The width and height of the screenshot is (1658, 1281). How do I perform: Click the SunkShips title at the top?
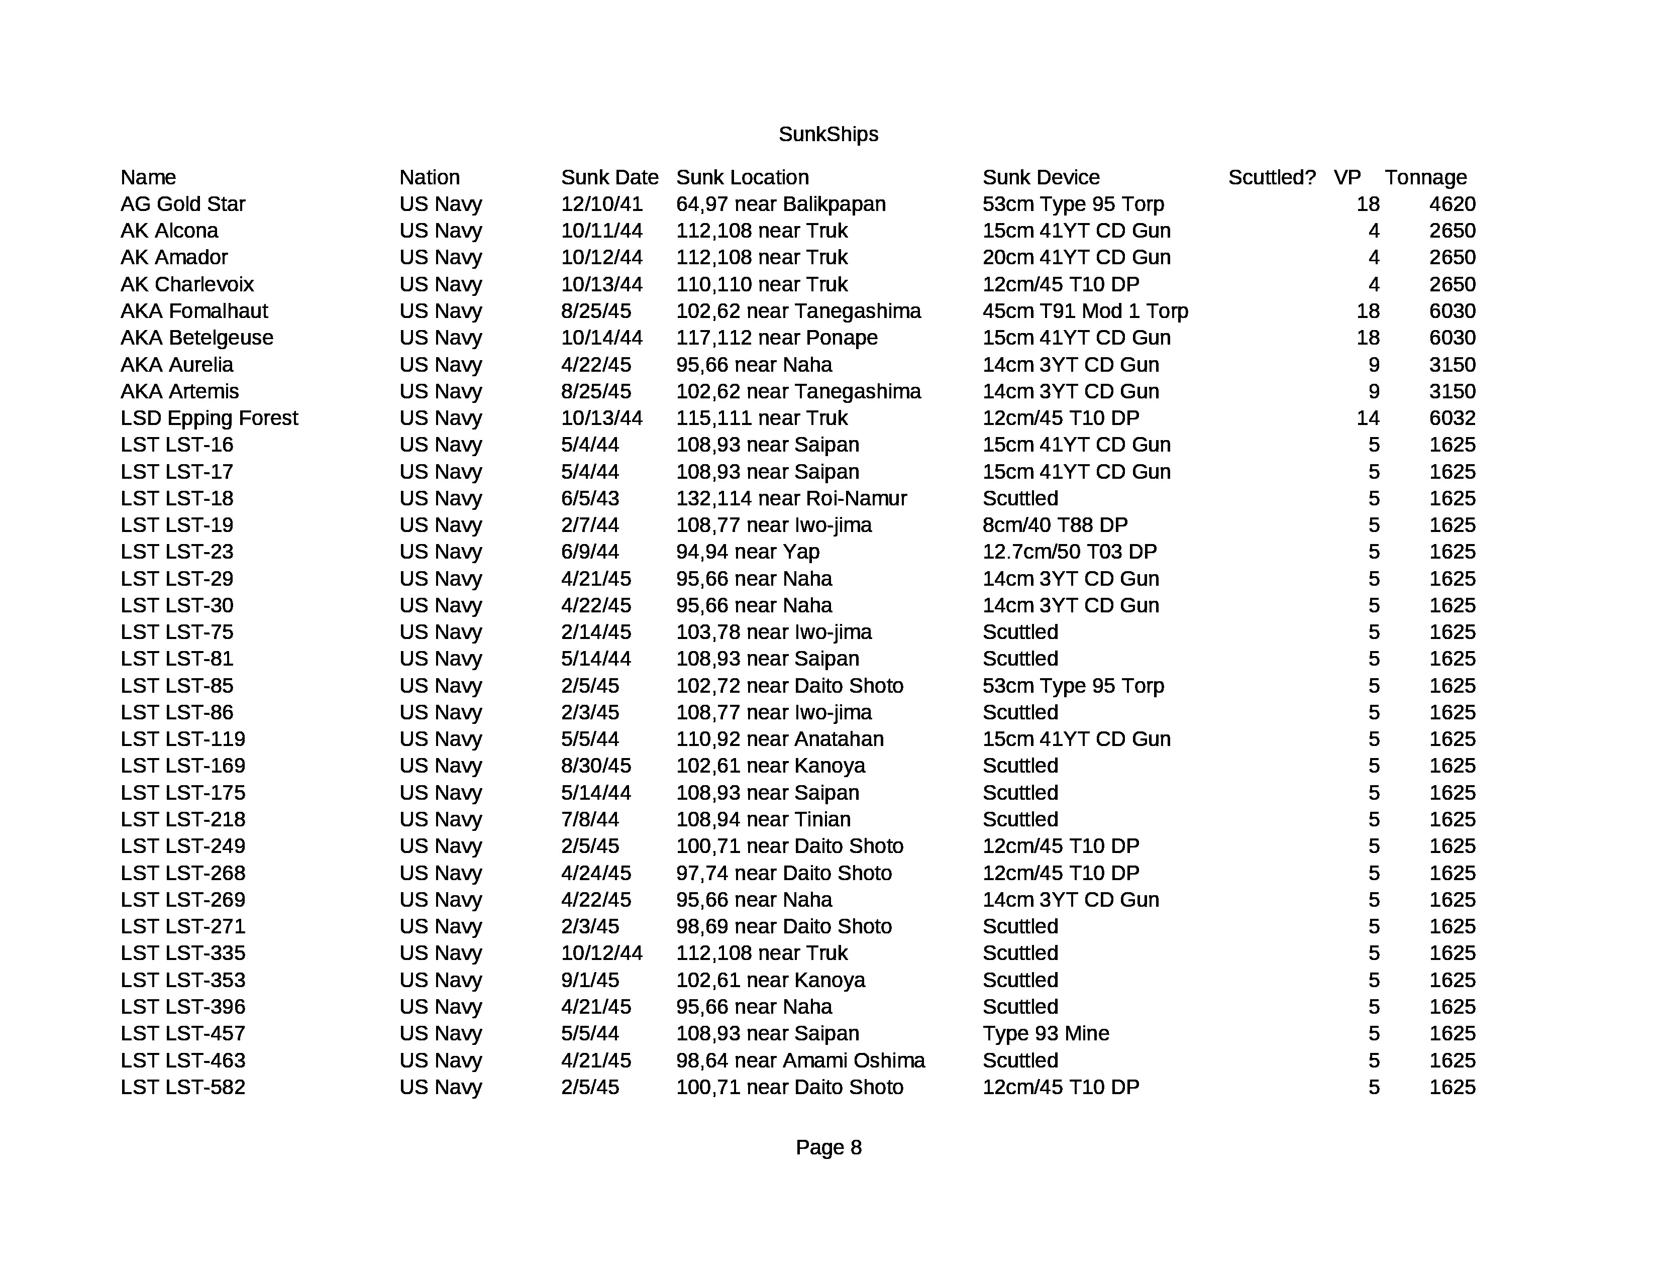(828, 134)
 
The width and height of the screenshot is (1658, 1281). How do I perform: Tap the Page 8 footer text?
(828, 1147)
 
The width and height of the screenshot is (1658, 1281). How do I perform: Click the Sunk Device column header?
(1041, 177)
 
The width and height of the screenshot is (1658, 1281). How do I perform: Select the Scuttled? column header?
(1272, 177)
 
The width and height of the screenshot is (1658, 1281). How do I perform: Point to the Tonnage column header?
(1426, 177)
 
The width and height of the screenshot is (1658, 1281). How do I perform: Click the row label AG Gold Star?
(183, 204)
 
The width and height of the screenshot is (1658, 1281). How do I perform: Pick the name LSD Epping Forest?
(209, 418)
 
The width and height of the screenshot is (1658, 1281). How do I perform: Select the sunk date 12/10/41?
(601, 204)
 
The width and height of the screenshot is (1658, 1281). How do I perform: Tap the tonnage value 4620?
(1452, 204)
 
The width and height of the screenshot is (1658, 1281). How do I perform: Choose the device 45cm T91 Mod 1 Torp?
(1085, 311)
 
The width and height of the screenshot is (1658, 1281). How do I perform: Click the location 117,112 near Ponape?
(777, 338)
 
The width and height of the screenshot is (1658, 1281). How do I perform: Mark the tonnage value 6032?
(1452, 418)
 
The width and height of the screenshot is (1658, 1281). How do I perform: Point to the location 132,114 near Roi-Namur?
(791, 499)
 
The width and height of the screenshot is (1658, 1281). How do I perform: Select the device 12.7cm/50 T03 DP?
(1069, 552)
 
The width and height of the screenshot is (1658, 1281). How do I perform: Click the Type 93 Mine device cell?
(1046, 1034)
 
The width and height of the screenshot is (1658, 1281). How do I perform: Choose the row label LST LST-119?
(183, 739)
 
